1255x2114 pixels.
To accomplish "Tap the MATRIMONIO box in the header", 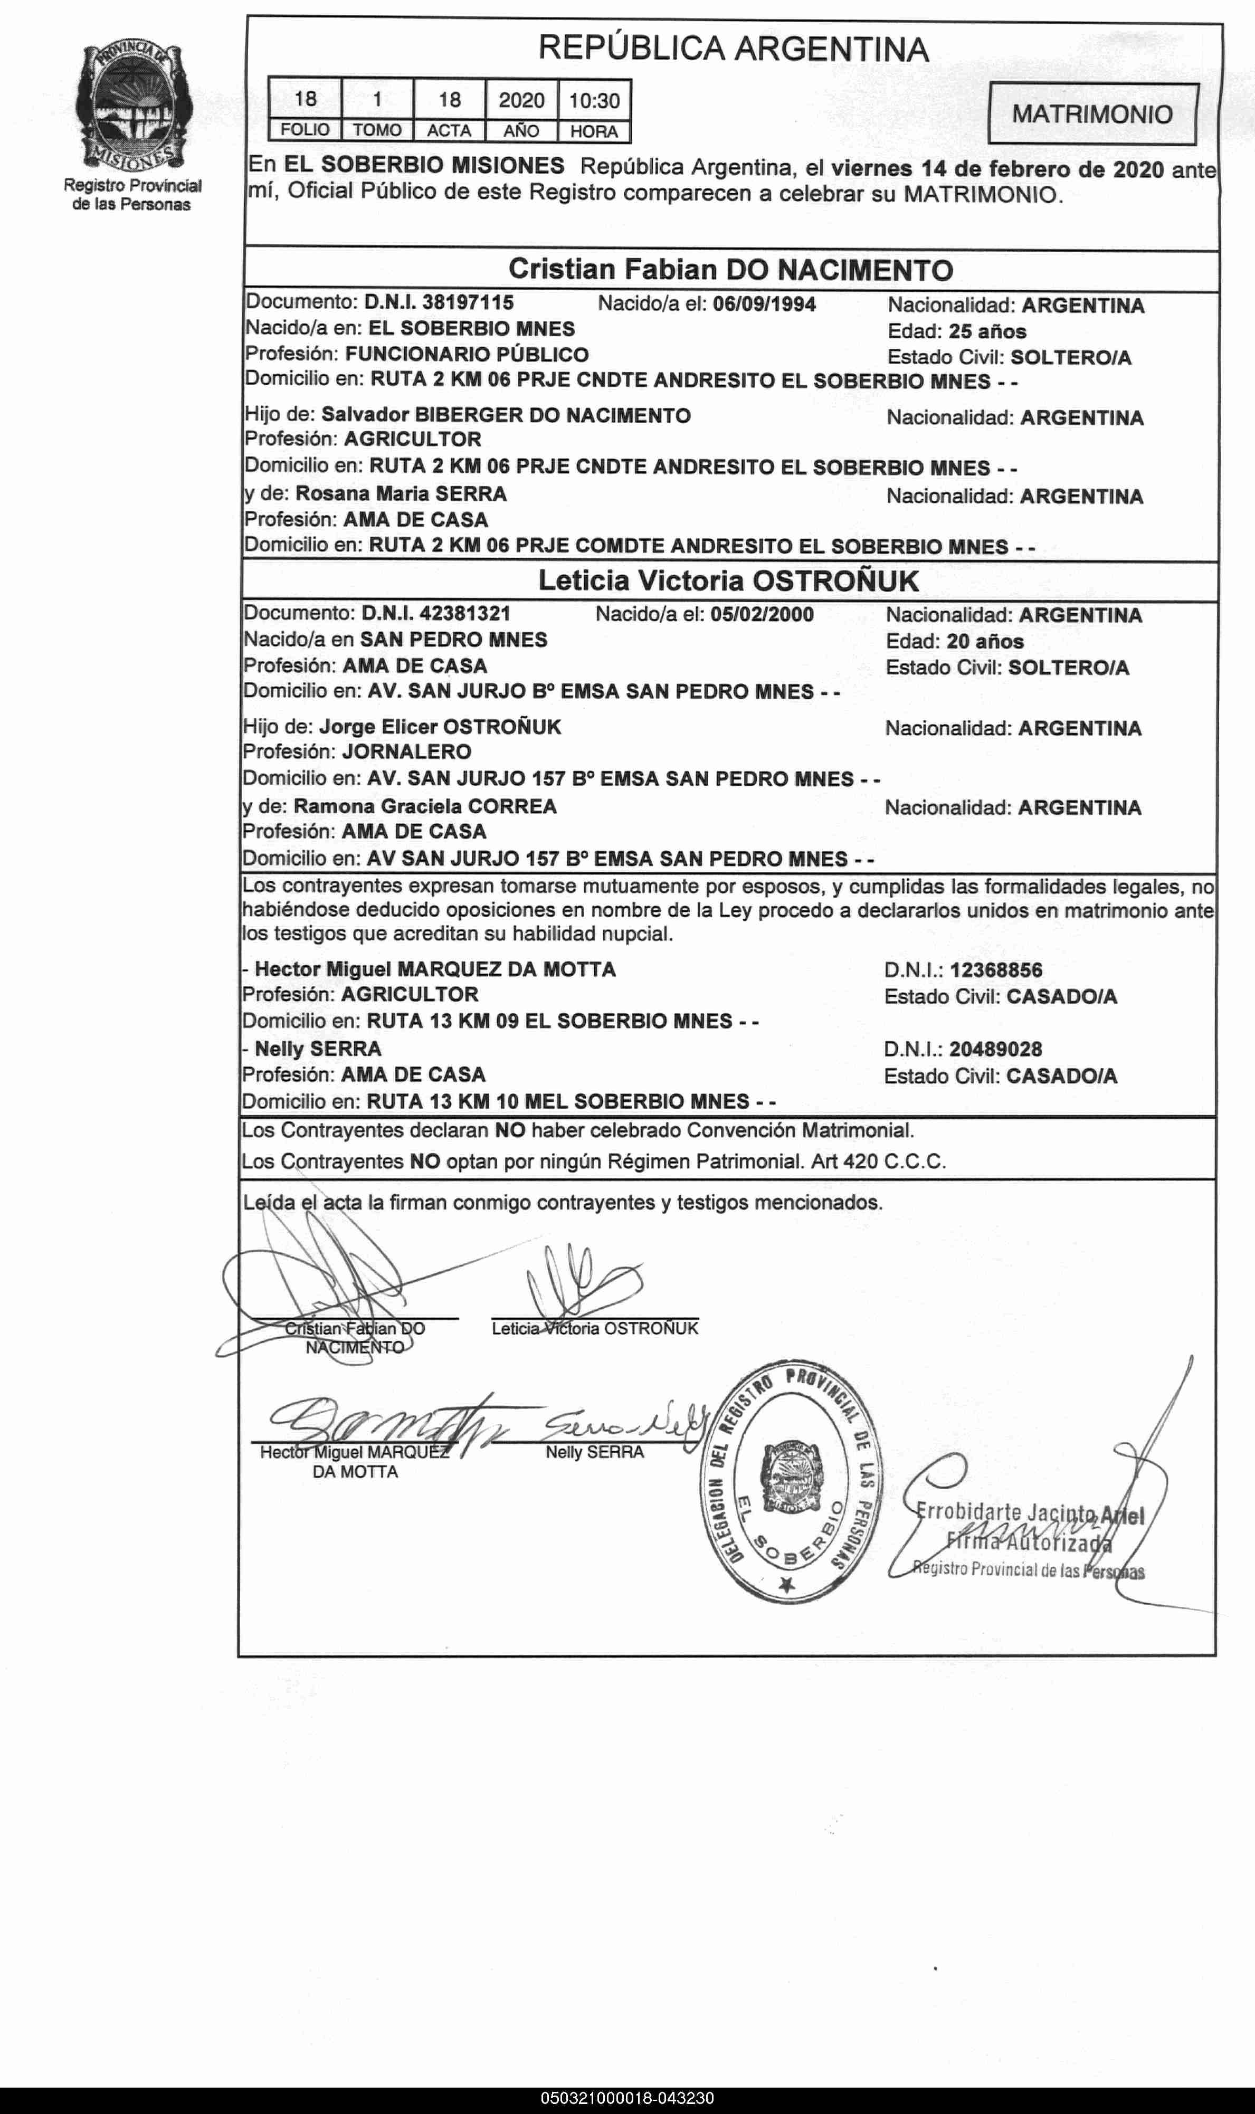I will pos(1092,114).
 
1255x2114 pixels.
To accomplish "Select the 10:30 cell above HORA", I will pos(594,101).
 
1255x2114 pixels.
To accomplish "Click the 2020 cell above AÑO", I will pos(521,101).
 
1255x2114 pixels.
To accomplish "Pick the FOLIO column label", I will pos(305,131).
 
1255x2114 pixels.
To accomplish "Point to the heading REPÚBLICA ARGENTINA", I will pos(733,49).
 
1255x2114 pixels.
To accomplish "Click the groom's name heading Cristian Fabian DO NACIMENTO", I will pos(730,270).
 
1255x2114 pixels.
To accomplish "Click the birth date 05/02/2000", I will pos(762,614).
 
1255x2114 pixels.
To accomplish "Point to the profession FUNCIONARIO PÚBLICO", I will pos(467,354).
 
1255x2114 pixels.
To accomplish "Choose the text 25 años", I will pos(988,331).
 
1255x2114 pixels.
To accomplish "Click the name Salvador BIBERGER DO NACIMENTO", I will pos(506,415).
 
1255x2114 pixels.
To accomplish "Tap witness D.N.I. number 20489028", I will pos(995,1050).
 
